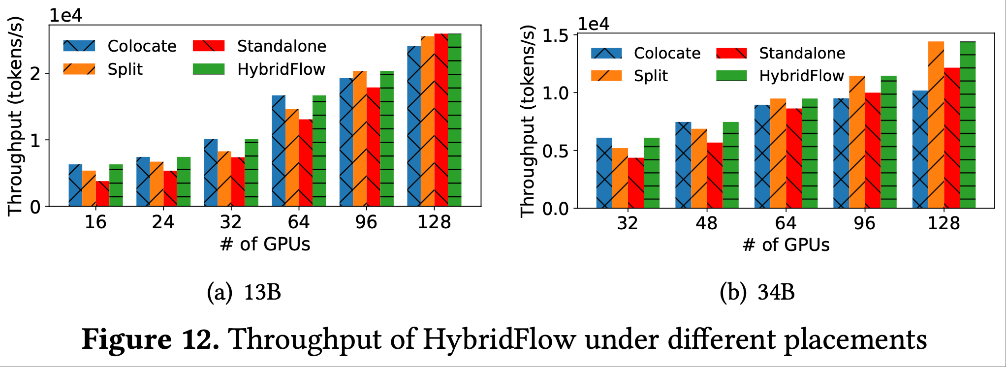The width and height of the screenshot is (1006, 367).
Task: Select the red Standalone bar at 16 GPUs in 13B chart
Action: (102, 194)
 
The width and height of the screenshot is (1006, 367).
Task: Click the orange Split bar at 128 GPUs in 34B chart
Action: (936, 125)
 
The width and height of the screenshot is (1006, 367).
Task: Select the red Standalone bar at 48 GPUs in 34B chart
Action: (715, 176)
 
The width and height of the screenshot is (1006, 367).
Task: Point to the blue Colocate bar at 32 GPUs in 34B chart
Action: (604, 173)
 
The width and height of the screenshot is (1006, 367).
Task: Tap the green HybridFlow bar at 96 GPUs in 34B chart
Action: (888, 142)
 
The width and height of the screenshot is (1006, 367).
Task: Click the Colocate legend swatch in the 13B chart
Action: (79, 46)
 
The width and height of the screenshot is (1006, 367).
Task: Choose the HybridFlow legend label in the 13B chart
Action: (281, 69)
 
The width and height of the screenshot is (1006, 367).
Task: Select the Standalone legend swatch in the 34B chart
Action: (731, 53)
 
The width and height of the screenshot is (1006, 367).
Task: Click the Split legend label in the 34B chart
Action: (651, 76)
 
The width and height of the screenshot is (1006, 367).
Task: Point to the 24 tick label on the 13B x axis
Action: (163, 222)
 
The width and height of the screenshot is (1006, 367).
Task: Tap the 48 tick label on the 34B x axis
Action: (706, 224)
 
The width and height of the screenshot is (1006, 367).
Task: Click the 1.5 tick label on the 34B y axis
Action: (555, 36)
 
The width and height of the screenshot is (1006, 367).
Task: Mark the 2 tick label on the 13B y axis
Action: (35, 74)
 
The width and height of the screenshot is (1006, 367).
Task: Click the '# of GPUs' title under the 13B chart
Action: (265, 245)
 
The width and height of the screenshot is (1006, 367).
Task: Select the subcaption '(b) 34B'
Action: (757, 293)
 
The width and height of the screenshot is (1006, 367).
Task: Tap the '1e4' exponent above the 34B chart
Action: (594, 24)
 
